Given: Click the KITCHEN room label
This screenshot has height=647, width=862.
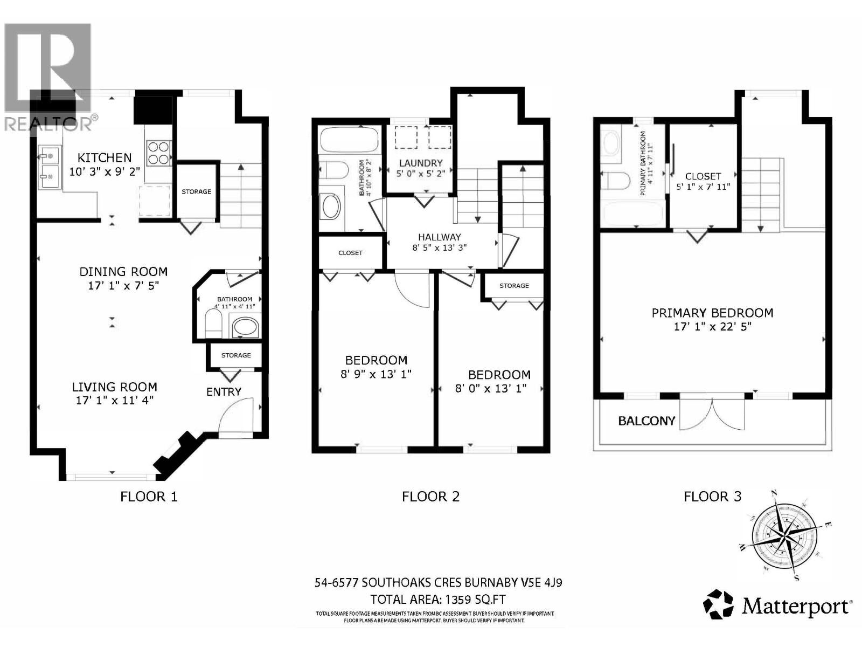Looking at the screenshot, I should [105, 157].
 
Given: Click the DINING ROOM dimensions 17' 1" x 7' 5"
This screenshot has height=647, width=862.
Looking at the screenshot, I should [124, 285].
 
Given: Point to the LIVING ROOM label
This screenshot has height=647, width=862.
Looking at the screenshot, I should [115, 387].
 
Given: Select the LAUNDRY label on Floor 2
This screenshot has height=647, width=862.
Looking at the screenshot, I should [421, 163].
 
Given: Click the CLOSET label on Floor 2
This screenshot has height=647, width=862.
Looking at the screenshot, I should [350, 253].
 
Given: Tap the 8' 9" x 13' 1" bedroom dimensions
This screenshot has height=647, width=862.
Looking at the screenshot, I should [376, 374].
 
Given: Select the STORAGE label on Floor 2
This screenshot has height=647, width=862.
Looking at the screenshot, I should [514, 285].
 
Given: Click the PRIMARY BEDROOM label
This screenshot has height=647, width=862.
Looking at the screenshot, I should [712, 313].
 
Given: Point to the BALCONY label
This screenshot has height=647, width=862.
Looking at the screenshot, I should [646, 421].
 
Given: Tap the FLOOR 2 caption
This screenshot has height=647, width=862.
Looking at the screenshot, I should [430, 497].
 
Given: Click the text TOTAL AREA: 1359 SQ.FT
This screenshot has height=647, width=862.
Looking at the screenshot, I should [438, 599].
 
